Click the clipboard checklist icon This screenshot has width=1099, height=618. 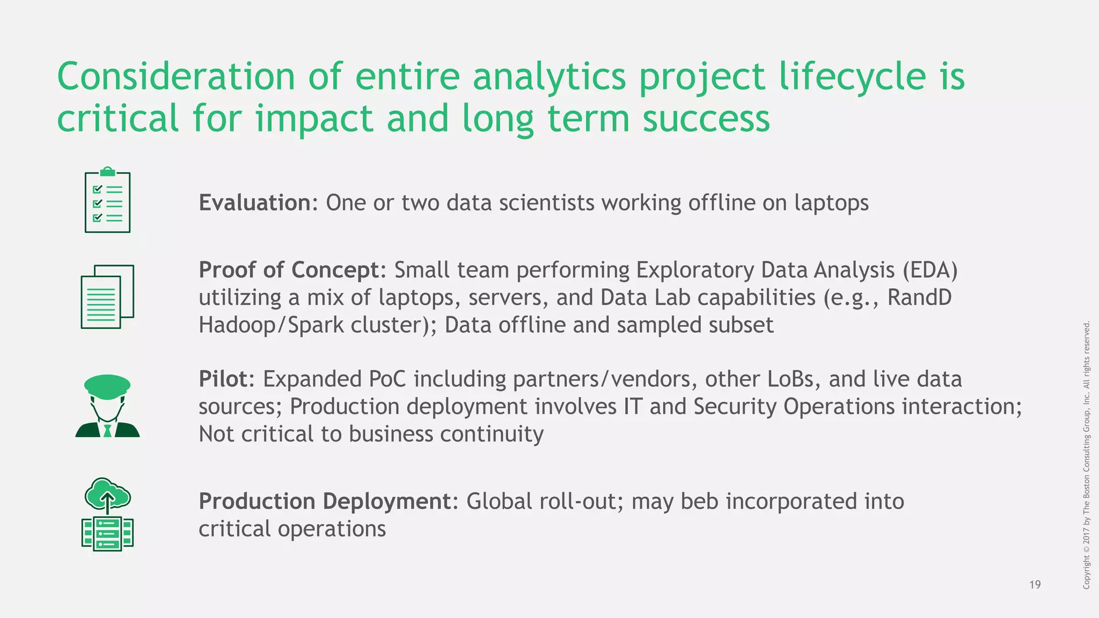tap(107, 201)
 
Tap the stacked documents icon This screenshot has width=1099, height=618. tap(107, 297)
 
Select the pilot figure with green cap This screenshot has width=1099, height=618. tap(107, 406)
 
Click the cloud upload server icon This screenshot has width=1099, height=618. tap(107, 514)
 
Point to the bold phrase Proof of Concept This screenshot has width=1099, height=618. tap(289, 270)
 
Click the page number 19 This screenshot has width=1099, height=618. tap(1035, 585)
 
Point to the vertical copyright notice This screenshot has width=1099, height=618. tap(1086, 455)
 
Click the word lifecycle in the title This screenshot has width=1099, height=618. tap(852, 77)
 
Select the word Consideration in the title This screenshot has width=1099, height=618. tap(176, 77)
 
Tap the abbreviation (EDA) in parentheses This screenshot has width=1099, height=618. tap(929, 270)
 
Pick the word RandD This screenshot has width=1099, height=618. tap(919, 298)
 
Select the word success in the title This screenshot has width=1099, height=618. tap(706, 119)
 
